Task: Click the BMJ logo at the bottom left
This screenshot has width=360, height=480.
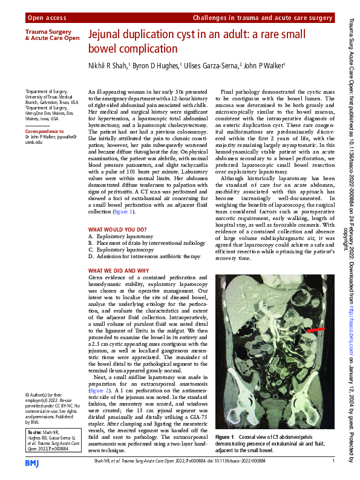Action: (32, 462)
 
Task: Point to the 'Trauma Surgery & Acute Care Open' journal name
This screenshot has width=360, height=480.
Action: (51, 34)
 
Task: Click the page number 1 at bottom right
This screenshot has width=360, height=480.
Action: (333, 462)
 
